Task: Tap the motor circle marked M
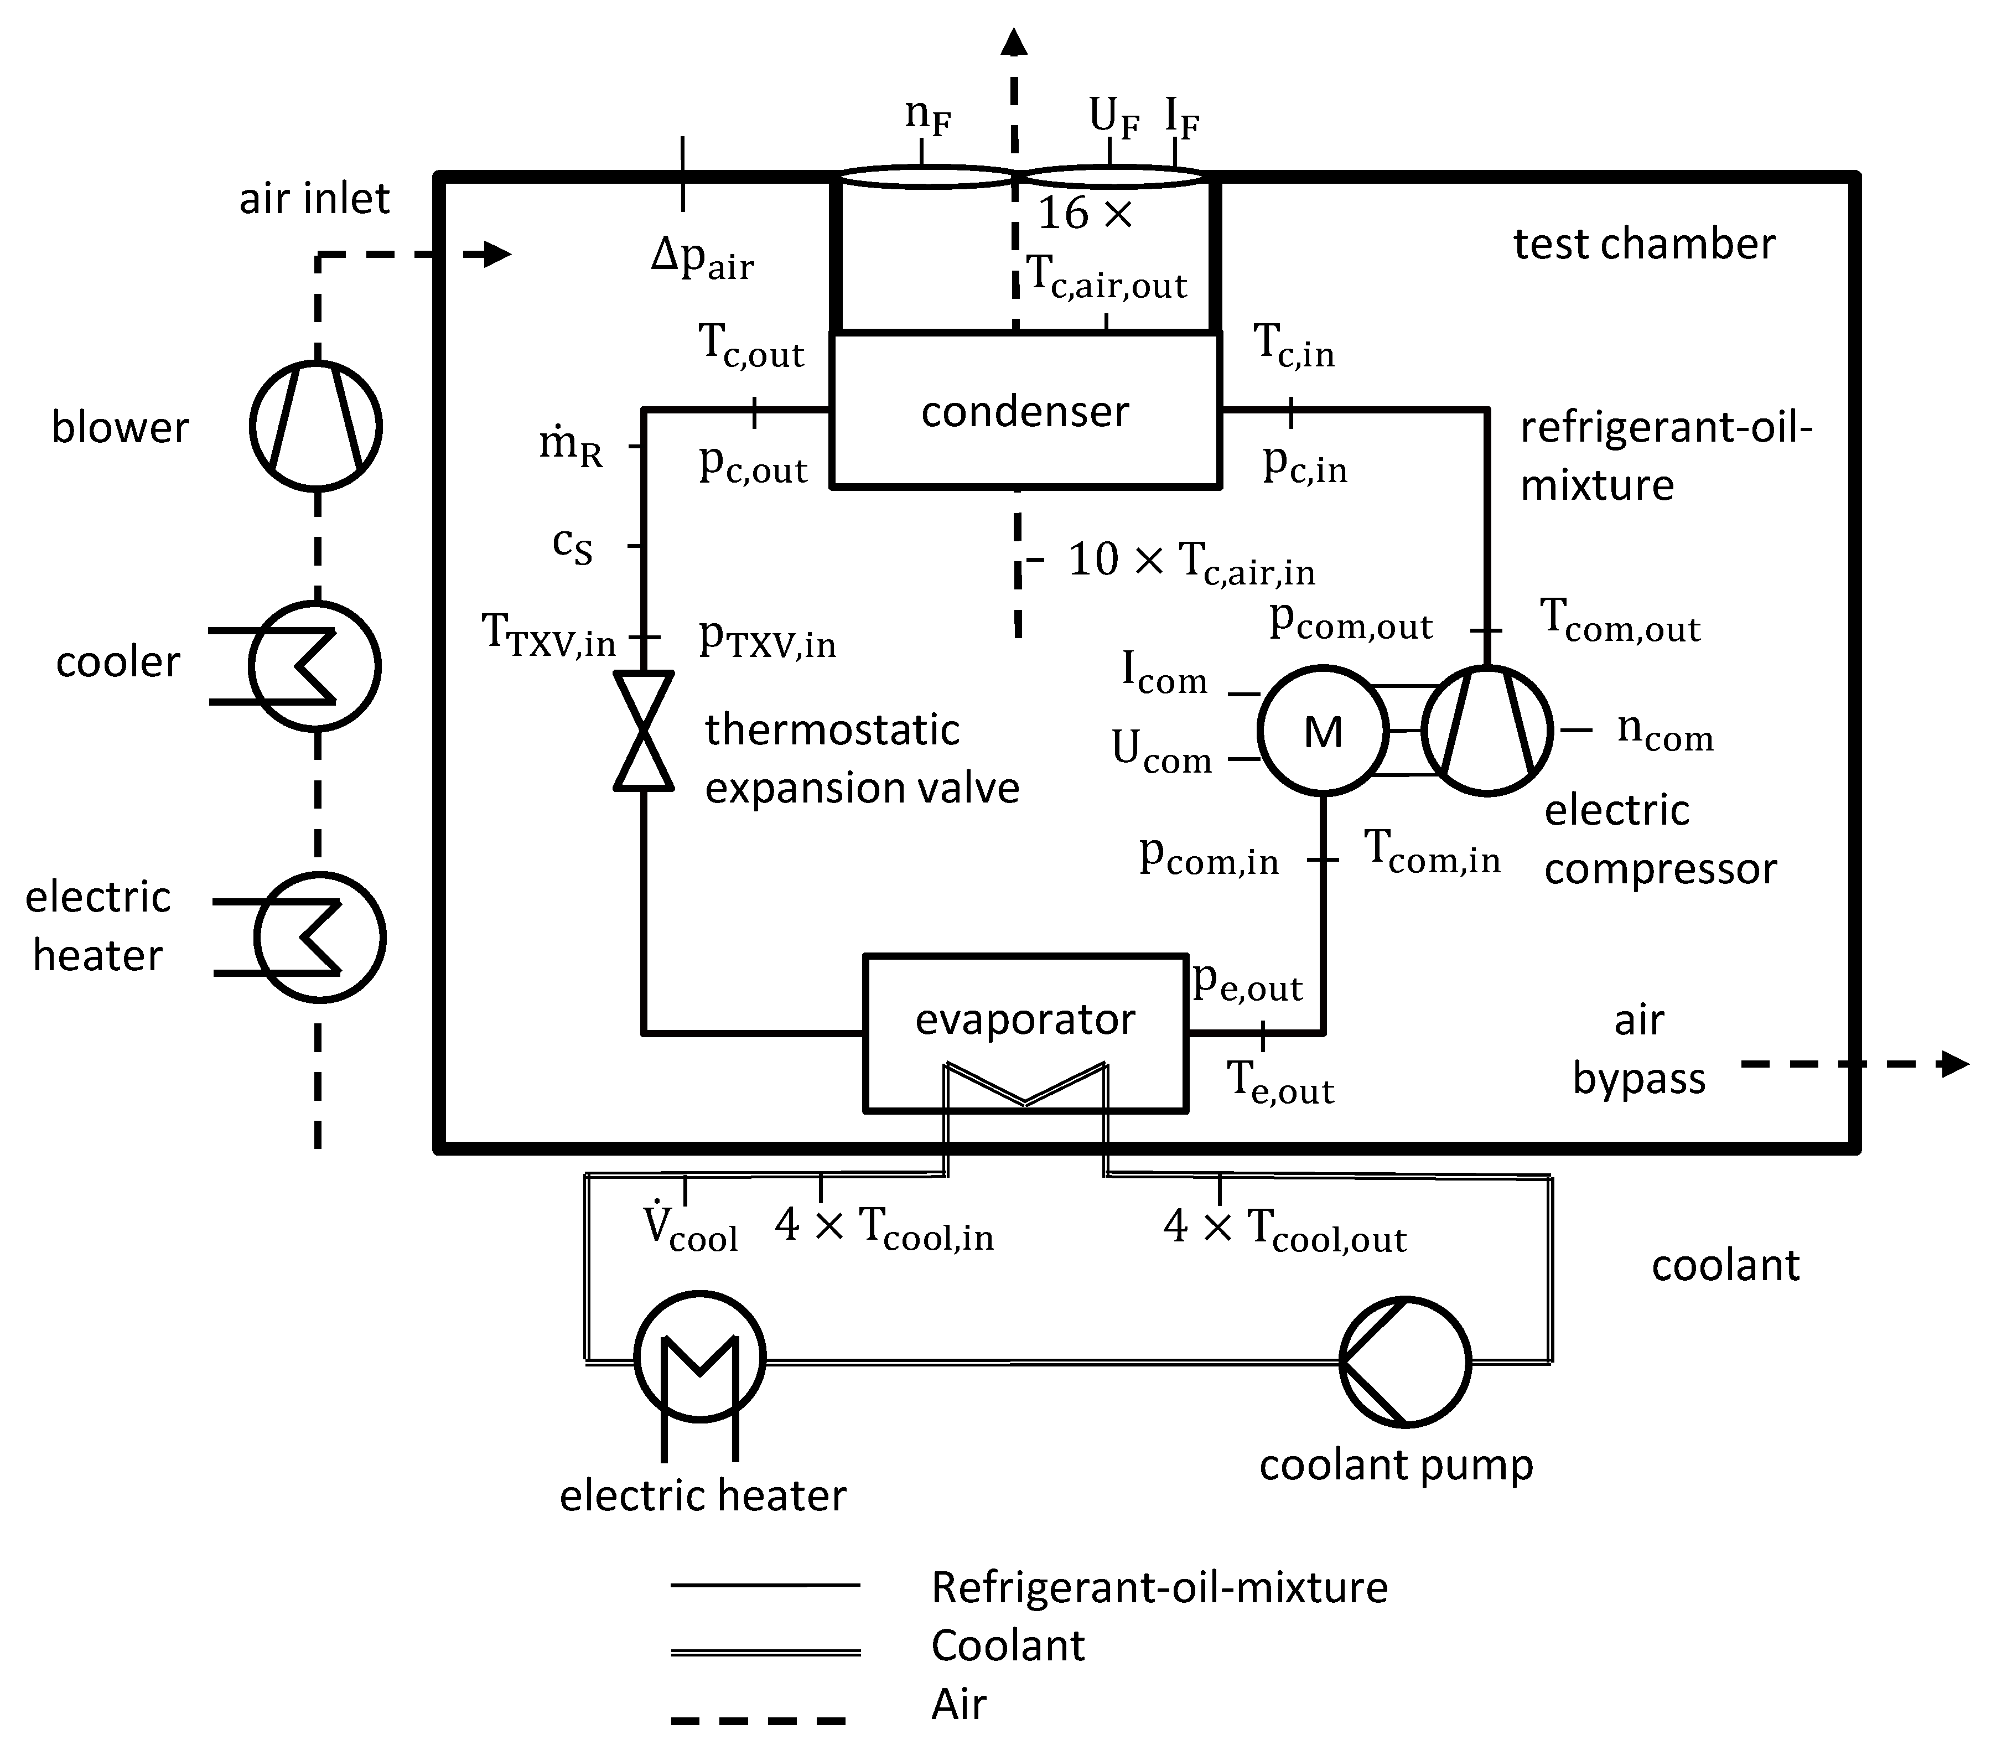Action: tap(1323, 731)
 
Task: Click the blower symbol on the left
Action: tap(315, 426)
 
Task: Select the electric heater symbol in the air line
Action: tap(319, 937)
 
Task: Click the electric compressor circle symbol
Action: tap(1486, 731)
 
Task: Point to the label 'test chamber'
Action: tap(1644, 244)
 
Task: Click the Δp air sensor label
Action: tap(702, 260)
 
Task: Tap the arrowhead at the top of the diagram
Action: tap(1014, 41)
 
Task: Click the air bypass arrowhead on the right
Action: tap(1954, 1064)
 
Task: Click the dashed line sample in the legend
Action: tap(759, 1720)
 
